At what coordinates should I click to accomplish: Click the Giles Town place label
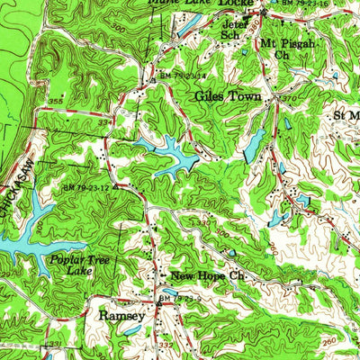coord(229,95)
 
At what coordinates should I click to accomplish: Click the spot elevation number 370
coord(287,95)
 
